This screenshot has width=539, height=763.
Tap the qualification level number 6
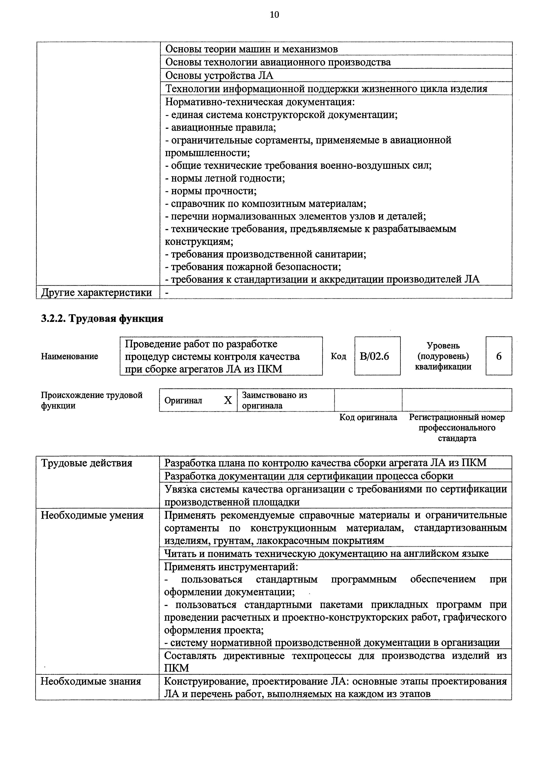click(499, 356)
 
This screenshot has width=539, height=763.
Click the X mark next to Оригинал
click(228, 400)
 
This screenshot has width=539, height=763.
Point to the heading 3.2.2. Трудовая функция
click(102, 319)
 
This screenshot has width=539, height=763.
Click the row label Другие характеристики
click(96, 293)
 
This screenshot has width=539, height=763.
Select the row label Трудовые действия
click(87, 463)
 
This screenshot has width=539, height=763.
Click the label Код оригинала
click(368, 417)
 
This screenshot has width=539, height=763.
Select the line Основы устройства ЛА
click(219, 76)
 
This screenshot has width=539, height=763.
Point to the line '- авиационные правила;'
click(221, 127)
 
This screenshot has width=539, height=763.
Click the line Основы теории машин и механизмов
click(251, 49)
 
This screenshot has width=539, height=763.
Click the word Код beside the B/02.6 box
click(338, 356)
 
